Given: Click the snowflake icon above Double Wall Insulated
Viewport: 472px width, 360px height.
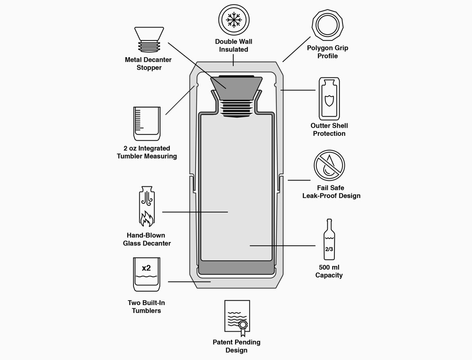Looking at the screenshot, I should tap(233, 20).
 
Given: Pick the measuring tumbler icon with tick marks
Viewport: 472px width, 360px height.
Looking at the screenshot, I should tap(147, 123).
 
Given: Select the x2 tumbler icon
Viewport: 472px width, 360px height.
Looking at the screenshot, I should tap(147, 274).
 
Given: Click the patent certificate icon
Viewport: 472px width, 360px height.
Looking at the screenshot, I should tap(237, 318).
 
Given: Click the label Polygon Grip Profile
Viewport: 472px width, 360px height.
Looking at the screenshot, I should tap(328, 52).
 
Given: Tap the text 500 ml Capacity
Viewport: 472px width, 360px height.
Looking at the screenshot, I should tap(329, 271).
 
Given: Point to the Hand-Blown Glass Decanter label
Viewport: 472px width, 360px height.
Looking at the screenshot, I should tap(147, 239).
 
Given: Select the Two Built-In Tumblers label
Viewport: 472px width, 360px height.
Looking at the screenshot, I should tap(147, 306).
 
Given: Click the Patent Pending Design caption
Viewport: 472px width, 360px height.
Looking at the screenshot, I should tap(236, 346).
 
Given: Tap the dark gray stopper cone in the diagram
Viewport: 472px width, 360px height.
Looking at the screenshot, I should tap(236, 84).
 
